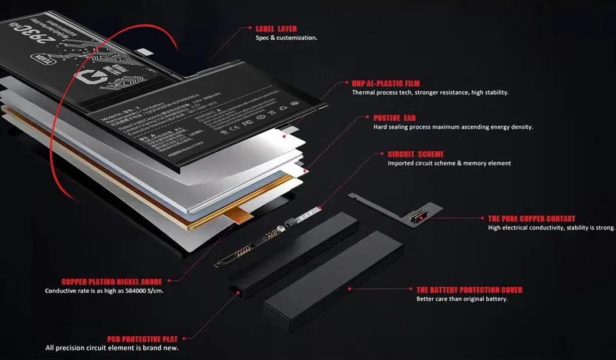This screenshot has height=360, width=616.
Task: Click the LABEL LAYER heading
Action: click(276, 28)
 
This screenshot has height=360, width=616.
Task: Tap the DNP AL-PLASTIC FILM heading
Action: click(386, 84)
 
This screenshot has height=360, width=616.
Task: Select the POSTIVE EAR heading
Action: click(394, 118)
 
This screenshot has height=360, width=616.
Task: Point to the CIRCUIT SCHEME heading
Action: click(415, 154)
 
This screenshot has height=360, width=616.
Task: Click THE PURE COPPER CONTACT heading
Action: click(532, 219)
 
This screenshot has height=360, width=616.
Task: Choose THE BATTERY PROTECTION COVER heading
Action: click(469, 290)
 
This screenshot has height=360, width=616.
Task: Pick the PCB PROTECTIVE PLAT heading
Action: click(143, 338)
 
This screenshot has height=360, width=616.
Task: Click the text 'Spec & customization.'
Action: click(286, 38)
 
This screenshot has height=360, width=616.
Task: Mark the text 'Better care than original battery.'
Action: click(462, 299)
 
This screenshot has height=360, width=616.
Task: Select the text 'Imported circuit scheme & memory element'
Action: click(449, 163)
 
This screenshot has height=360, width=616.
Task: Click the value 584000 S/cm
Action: click(140, 291)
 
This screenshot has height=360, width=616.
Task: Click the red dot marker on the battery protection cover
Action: click(349, 288)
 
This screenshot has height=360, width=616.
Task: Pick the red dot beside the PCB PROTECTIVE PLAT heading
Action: click(184, 338)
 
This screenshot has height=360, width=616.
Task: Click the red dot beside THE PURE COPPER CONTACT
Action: click(482, 219)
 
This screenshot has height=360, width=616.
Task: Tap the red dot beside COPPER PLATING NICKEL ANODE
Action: click(168, 281)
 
